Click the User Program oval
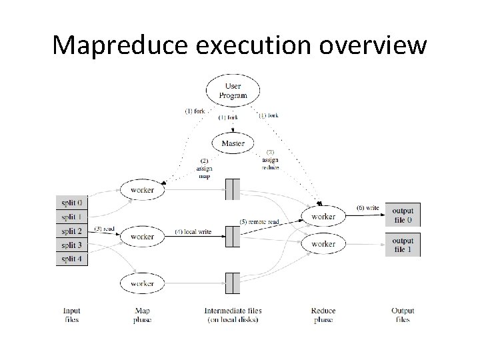point(233,91)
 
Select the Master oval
point(233,143)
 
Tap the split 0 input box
point(73,202)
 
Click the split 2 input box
point(73,231)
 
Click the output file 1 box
point(403,245)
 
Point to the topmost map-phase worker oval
point(142,190)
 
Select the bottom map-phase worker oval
point(142,284)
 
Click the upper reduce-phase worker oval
point(323,217)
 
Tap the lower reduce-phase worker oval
point(323,244)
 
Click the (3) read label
point(105,229)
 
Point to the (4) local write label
point(193,231)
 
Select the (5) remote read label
point(259,221)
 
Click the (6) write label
point(367,208)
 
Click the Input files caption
point(72,315)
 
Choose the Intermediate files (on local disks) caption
point(233,315)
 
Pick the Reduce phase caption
point(323,315)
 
